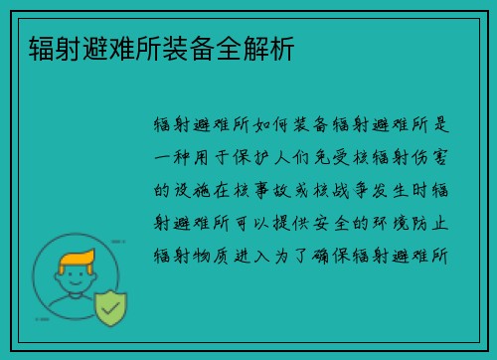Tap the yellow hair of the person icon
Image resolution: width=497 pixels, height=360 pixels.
[x=79, y=260]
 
